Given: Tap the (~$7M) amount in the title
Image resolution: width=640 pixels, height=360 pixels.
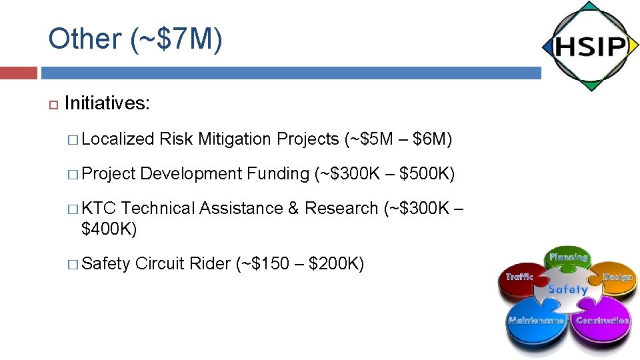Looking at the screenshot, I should tap(177, 39).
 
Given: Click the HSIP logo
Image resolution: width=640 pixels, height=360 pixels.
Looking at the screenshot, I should tap(590, 47).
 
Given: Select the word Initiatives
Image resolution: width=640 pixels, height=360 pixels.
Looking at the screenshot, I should tap(107, 103).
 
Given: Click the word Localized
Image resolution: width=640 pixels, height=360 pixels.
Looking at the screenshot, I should tap(117, 139).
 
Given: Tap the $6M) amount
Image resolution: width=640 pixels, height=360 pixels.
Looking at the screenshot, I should tap(433, 139).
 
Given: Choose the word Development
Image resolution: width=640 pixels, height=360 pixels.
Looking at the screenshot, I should tap(191, 174).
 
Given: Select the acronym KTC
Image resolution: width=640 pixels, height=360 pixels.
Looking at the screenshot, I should tap(99, 209).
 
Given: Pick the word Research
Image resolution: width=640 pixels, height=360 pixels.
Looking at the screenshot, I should tap(341, 209).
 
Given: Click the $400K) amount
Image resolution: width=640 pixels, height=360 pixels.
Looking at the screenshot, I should tap(109, 229).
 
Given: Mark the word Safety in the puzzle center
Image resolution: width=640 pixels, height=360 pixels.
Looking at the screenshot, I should tap(568, 290).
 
